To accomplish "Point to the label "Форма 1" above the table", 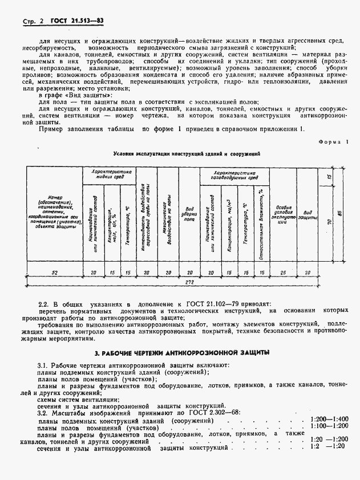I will tap(334, 142).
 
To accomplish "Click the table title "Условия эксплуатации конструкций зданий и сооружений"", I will tap(187, 154).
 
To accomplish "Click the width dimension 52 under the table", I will tap(55, 273).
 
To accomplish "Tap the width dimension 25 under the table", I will tap(283, 273).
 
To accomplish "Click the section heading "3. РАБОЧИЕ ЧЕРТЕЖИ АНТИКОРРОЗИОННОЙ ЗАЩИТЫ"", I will tap(182, 352).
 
